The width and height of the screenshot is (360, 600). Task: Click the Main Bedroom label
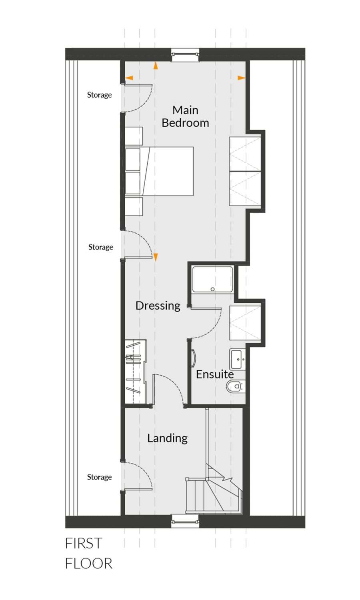coord(185,116)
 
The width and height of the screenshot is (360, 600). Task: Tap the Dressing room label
coord(158,306)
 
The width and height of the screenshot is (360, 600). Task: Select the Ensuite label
coord(215,374)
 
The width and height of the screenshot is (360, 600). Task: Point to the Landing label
coord(168,438)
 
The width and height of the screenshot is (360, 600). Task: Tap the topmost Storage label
coord(99,95)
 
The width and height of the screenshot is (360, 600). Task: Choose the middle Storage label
coord(101,247)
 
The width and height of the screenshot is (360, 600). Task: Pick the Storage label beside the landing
coord(99,477)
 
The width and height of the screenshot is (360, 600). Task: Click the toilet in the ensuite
coord(236,386)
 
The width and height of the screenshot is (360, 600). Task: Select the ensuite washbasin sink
coord(238,359)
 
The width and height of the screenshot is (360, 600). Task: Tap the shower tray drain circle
coord(212,289)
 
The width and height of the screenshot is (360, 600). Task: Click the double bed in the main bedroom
coord(159,172)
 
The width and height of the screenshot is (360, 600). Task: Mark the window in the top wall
coord(185,55)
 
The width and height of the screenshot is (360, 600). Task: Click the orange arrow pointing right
coord(241,78)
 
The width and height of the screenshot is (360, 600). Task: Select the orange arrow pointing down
coord(155,258)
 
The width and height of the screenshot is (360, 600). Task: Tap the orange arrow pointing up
coord(155,66)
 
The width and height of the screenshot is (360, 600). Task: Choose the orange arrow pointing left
coord(129,78)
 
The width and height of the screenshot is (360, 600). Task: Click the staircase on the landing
coord(214,490)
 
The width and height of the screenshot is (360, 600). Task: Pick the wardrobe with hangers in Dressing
coord(136,371)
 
